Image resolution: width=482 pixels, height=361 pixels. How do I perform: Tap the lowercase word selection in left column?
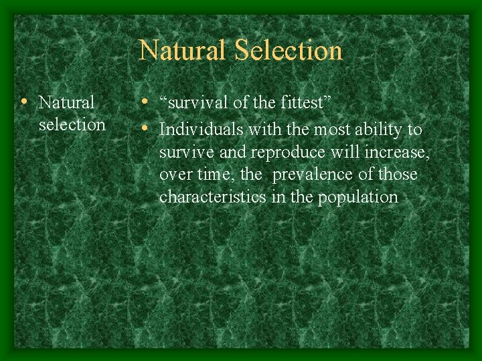pos(72,124)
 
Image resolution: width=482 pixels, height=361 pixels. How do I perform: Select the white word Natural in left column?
pos(67,103)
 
